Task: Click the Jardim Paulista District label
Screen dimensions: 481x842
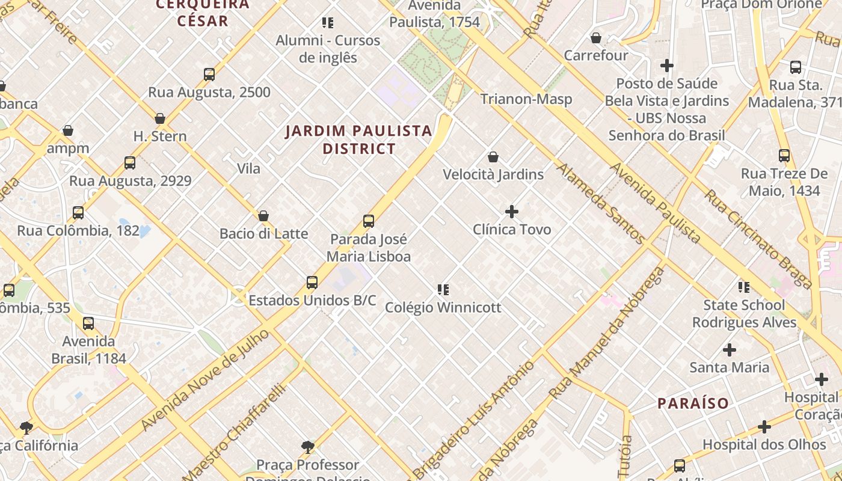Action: tap(359, 139)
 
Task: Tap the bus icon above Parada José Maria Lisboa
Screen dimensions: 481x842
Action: tap(369, 221)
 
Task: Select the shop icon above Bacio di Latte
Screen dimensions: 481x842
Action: tap(263, 216)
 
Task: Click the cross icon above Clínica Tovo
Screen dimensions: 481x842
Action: tap(512, 212)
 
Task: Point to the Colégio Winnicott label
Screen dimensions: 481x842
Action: tap(443, 308)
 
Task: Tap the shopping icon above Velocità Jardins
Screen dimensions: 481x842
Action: tap(493, 157)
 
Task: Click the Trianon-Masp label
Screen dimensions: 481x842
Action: tap(526, 99)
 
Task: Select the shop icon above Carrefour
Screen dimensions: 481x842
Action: tap(596, 38)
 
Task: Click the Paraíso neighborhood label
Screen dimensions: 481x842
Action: tap(693, 403)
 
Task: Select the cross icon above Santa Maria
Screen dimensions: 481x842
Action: tap(730, 350)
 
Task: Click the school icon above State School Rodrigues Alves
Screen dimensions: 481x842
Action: tap(744, 287)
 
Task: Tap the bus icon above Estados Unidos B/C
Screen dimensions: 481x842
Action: tap(312, 283)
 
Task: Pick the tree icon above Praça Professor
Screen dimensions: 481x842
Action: tap(308, 447)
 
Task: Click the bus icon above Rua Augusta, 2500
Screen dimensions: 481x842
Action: tap(209, 75)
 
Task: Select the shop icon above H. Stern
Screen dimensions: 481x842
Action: tap(160, 118)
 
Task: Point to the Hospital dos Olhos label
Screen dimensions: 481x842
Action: tap(764, 445)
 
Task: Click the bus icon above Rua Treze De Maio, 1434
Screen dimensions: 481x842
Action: tap(784, 156)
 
